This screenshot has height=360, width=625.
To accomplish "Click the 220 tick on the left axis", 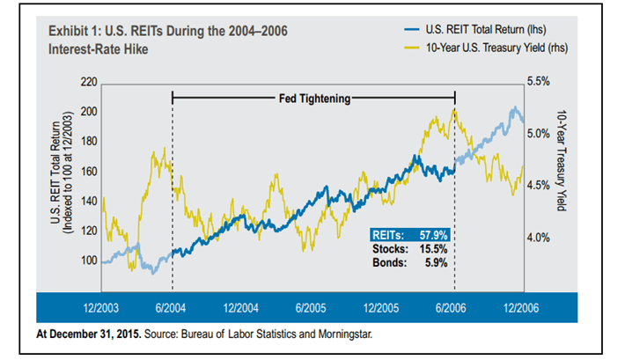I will (x=88, y=82).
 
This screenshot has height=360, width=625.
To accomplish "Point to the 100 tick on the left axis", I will (x=88, y=261).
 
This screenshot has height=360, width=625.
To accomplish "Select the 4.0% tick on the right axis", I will (x=539, y=238).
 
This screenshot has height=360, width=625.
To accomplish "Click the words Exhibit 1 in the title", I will (x=75, y=31).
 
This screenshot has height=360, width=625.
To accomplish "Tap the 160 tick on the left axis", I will (x=88, y=172).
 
